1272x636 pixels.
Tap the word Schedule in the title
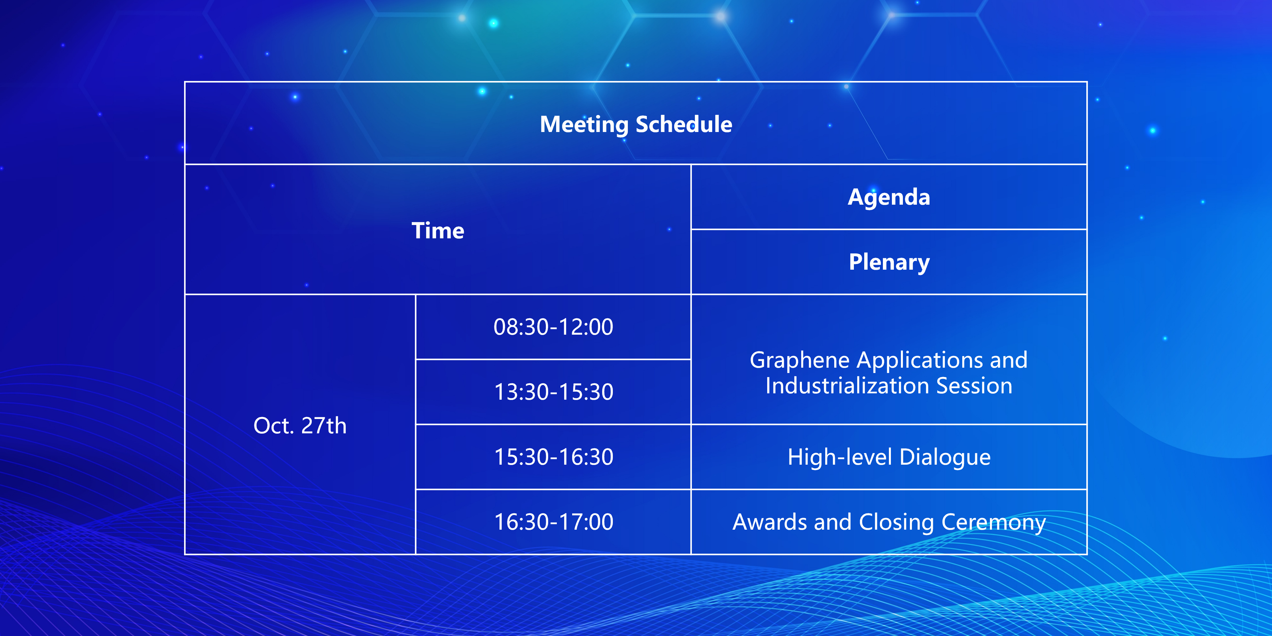pyautogui.click(x=684, y=124)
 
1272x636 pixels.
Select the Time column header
pyautogui.click(x=438, y=231)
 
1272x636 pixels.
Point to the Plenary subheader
pyautogui.click(x=889, y=262)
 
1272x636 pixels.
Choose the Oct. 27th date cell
pyautogui.click(x=300, y=426)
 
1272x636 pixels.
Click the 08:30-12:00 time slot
pyautogui.click(x=553, y=327)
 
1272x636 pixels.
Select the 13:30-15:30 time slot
pyautogui.click(x=553, y=392)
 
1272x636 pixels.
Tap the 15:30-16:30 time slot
pyautogui.click(x=553, y=457)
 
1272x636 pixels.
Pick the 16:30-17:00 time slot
pyautogui.click(x=553, y=522)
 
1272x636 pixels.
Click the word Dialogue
pyautogui.click(x=945, y=458)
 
